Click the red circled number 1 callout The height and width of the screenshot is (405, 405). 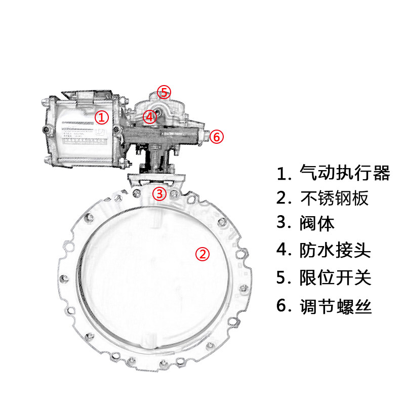tap(102, 118)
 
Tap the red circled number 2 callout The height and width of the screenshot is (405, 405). tap(202, 254)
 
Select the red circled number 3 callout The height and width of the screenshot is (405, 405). tap(159, 193)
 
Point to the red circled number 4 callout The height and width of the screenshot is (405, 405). tap(149, 117)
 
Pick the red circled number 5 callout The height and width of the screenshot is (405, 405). tap(164, 92)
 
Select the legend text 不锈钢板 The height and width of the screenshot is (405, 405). tap(335, 198)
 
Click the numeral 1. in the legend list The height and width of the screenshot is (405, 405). tap(283, 174)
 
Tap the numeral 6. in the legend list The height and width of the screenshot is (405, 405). tap(283, 306)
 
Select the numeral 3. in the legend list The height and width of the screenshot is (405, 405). tap(283, 223)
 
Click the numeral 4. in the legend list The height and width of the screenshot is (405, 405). tap(283, 250)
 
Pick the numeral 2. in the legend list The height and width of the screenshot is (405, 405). tap(283, 198)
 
